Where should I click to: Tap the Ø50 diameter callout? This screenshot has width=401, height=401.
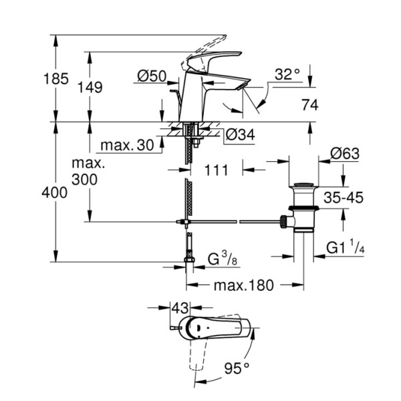coord(152,78)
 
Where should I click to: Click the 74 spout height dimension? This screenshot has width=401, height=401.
coord(309,105)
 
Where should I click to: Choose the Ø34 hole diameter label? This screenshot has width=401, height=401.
coord(240,135)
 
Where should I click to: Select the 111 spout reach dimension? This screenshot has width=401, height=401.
coord(215,170)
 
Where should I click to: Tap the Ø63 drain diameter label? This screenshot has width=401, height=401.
coord(344,154)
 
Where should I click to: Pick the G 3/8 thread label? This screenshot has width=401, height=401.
coord(220,257)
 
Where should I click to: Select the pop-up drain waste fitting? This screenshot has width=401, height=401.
coord(304,207)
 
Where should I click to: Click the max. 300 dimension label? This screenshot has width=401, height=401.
coord(86,172)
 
